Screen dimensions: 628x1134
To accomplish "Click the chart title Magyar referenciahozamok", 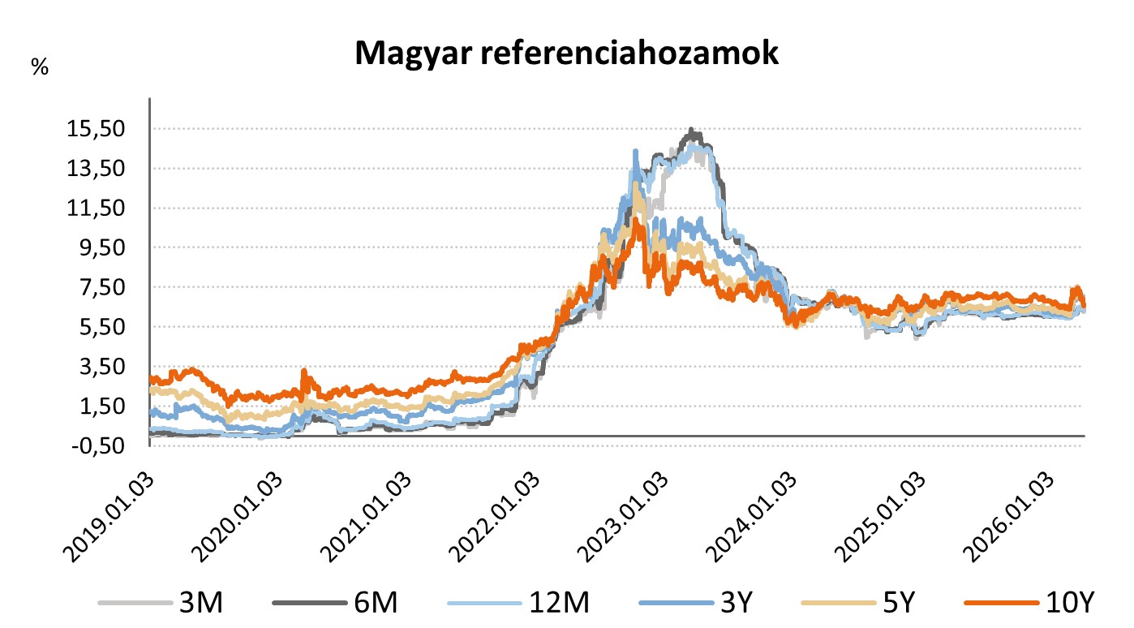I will (566, 54).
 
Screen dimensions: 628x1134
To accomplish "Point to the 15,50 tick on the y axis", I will (97, 129).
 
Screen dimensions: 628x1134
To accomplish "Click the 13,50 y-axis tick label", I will (97, 169).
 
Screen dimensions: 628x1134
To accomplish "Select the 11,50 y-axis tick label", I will (97, 209).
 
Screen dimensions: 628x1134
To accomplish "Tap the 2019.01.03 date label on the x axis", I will (105, 511).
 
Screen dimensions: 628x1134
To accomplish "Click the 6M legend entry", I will (372, 603).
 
